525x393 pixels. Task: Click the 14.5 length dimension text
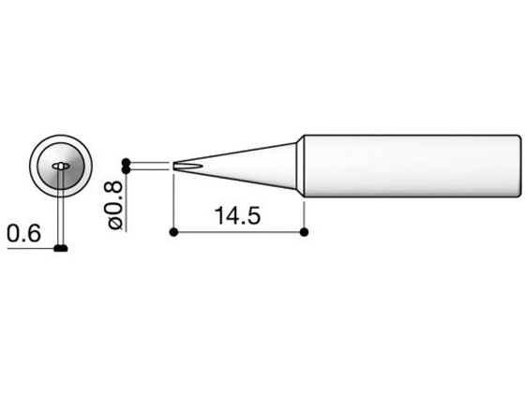pos(237,215)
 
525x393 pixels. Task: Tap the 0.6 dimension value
pos(24,233)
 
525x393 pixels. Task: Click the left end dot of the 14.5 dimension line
pos(173,232)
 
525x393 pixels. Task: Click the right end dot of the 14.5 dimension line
pos(304,232)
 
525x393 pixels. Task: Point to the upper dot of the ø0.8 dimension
pos(126,163)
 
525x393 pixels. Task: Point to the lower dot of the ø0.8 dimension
pos(126,170)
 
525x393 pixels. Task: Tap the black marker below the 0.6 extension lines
pos(61,248)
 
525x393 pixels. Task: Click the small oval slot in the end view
pos(61,166)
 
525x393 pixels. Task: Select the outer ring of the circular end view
pos(61,136)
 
